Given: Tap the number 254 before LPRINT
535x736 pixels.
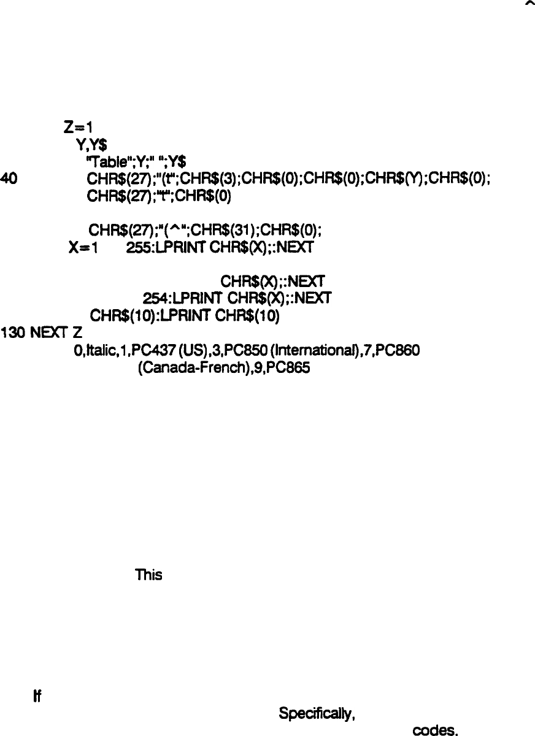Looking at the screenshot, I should point(153,299).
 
